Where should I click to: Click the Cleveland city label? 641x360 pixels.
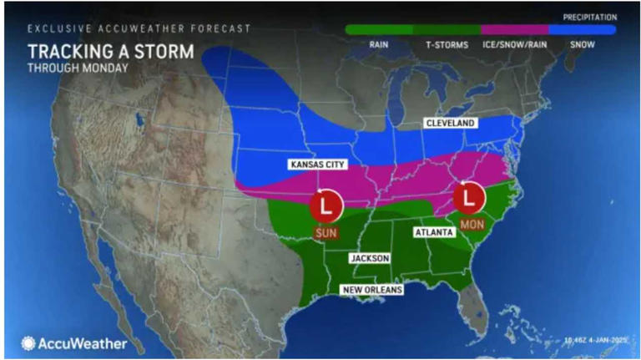click(451, 124)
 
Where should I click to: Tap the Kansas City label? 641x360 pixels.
click(317, 165)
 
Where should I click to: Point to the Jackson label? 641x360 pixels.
click(368, 258)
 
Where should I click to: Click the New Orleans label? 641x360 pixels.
click(372, 290)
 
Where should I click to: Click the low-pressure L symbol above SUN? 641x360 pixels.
click(326, 203)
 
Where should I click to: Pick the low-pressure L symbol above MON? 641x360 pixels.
click(472, 197)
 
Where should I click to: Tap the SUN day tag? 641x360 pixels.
click(326, 233)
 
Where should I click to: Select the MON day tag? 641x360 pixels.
click(472, 226)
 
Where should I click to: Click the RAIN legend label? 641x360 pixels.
click(380, 45)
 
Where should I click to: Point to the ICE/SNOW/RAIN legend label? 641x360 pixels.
click(515, 45)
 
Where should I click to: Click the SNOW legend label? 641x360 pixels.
click(582, 45)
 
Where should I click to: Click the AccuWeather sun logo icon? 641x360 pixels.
click(28, 342)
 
